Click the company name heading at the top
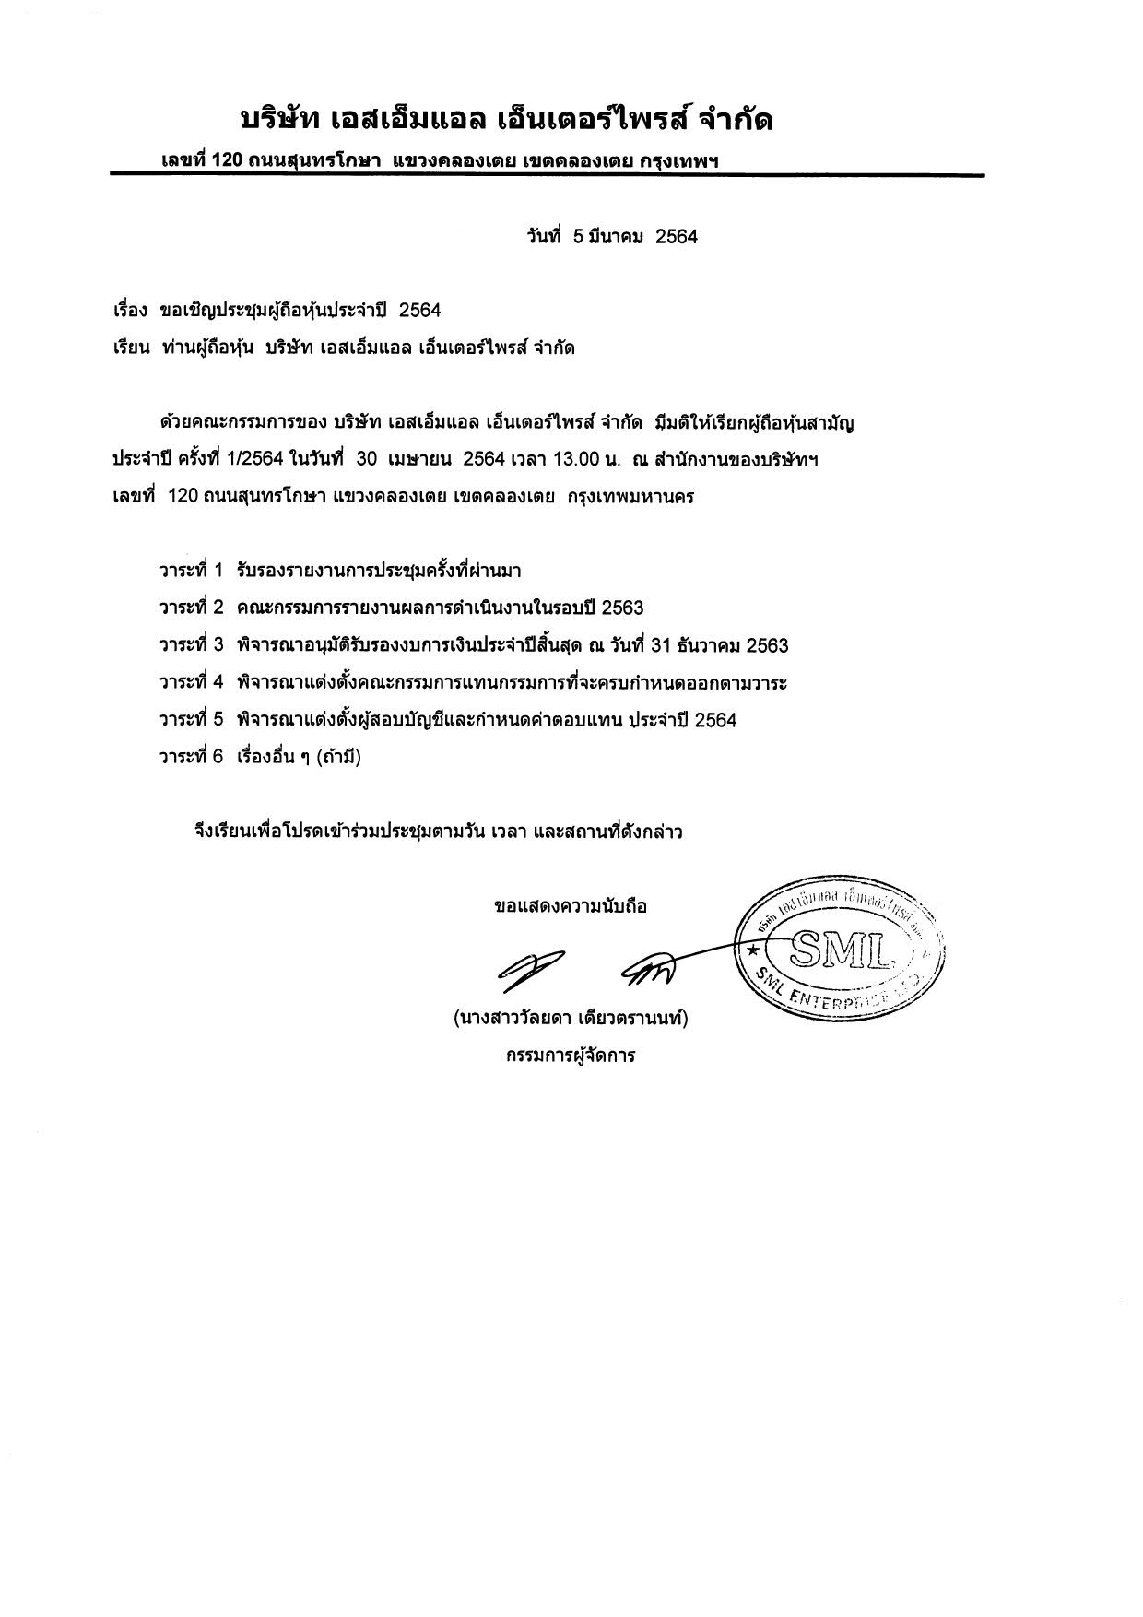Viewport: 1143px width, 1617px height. [506, 120]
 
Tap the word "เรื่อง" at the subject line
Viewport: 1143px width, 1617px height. [129, 311]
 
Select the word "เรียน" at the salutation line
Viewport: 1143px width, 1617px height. [130, 348]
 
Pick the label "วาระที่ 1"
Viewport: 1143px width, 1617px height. [191, 571]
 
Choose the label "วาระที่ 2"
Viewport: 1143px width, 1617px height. [191, 608]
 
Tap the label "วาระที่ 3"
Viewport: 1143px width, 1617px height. [191, 645]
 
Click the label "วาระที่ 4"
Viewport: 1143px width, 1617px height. [191, 683]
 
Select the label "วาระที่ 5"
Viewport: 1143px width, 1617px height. [191, 720]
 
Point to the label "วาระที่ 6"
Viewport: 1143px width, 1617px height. [191, 758]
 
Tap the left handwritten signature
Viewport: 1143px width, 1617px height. [530, 965]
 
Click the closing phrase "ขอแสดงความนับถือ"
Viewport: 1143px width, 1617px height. [571, 906]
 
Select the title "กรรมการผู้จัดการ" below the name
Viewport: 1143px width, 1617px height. [570, 1056]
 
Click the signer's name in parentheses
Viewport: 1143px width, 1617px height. [571, 1019]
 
